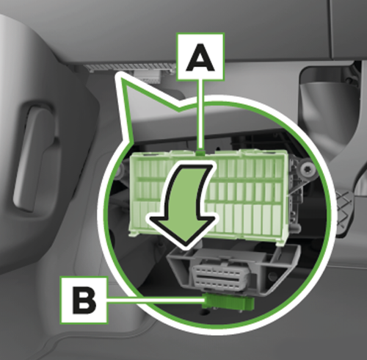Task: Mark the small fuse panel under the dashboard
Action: coord(132,68)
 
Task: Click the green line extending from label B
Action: coord(154,300)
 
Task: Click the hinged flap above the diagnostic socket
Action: coord(235,253)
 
